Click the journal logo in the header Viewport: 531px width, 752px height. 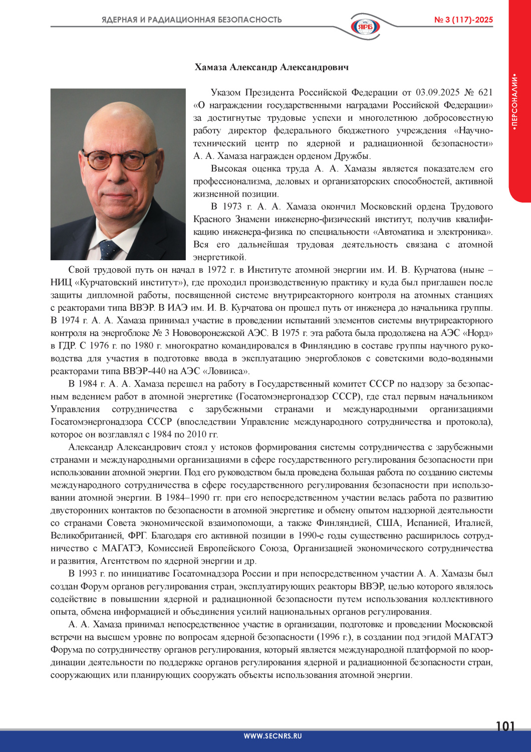pos(365,26)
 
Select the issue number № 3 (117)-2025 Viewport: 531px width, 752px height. pos(463,20)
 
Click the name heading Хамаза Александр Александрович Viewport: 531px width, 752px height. pos(272,67)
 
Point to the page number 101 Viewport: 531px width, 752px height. pos(505,726)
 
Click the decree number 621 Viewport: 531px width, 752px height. pos(485,93)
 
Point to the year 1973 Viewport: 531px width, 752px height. pos(232,207)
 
